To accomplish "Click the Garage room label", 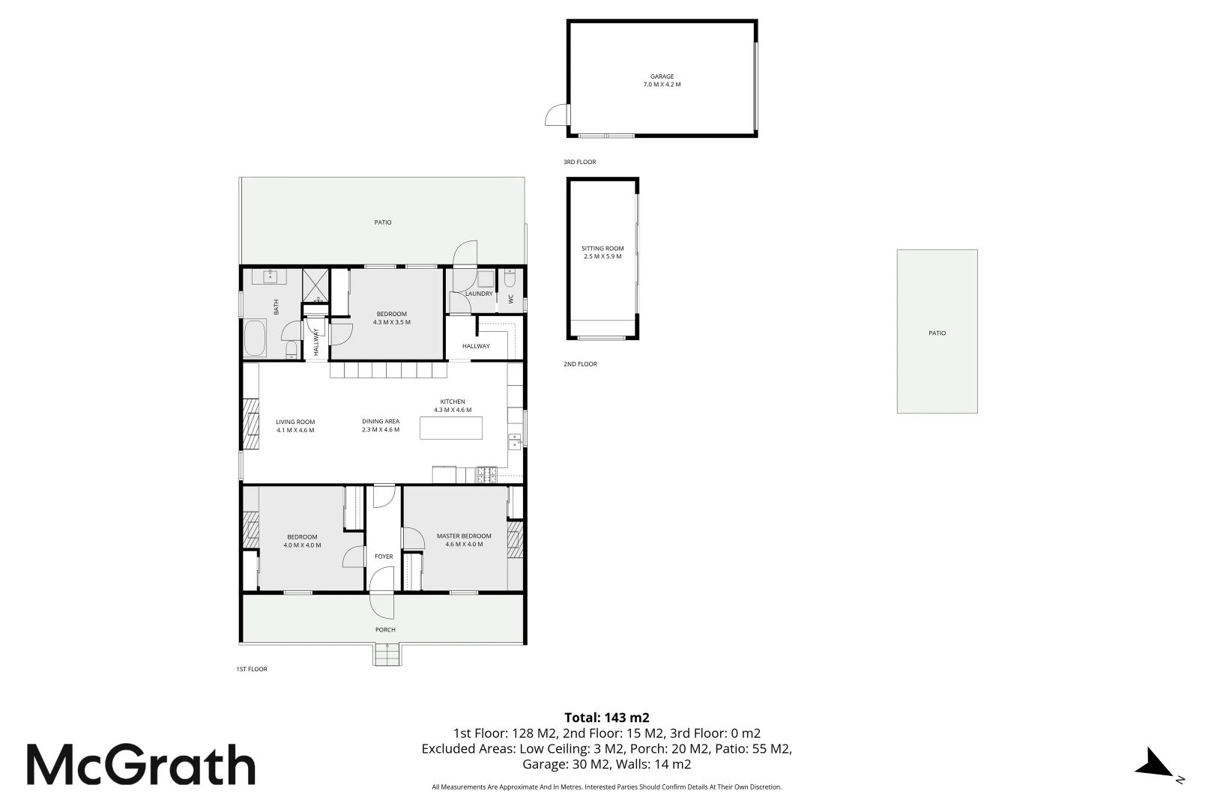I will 662,80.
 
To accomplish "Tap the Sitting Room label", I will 603,252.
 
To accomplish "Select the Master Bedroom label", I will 464,540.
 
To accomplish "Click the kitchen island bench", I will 451,428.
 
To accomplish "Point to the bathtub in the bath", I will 255,338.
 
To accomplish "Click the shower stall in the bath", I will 316,285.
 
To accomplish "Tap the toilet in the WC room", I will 510,279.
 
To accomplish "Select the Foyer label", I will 384,557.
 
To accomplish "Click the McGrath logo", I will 141,765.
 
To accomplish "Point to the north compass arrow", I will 1154,763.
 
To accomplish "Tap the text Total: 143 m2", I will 606,717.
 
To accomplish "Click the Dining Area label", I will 381,425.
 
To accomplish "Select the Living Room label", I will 295,425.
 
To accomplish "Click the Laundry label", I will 479,294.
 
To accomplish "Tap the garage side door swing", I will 555,115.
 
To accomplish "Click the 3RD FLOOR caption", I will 579,162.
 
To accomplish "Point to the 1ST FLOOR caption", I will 252,669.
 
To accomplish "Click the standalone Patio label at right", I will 937,333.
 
